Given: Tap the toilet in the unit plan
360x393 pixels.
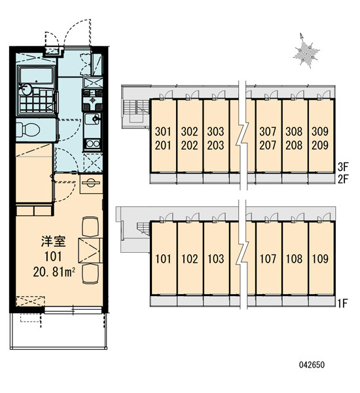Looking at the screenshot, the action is click(x=28, y=130).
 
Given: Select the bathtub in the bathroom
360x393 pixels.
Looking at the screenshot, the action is click(x=37, y=75).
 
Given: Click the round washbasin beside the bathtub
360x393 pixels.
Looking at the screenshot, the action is click(x=26, y=89).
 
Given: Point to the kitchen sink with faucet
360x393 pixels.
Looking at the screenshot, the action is click(x=92, y=119).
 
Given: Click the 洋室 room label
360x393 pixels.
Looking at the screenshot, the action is click(x=54, y=241).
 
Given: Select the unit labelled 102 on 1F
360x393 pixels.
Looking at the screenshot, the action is click(x=190, y=259).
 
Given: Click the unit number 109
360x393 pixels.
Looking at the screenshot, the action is click(x=320, y=259).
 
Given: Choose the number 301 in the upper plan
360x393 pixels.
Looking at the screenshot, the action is click(x=163, y=132).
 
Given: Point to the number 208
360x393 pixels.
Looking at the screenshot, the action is click(x=294, y=145).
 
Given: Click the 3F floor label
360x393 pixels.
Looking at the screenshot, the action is click(x=343, y=166).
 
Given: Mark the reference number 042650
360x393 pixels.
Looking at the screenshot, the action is click(x=312, y=365).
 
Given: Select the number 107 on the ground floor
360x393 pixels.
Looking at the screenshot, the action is click(x=268, y=259).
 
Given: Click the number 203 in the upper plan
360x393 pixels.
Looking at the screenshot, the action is click(x=215, y=145).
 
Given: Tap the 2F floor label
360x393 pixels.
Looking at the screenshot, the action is click(x=343, y=179).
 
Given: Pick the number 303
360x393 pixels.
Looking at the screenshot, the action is click(x=215, y=132).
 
